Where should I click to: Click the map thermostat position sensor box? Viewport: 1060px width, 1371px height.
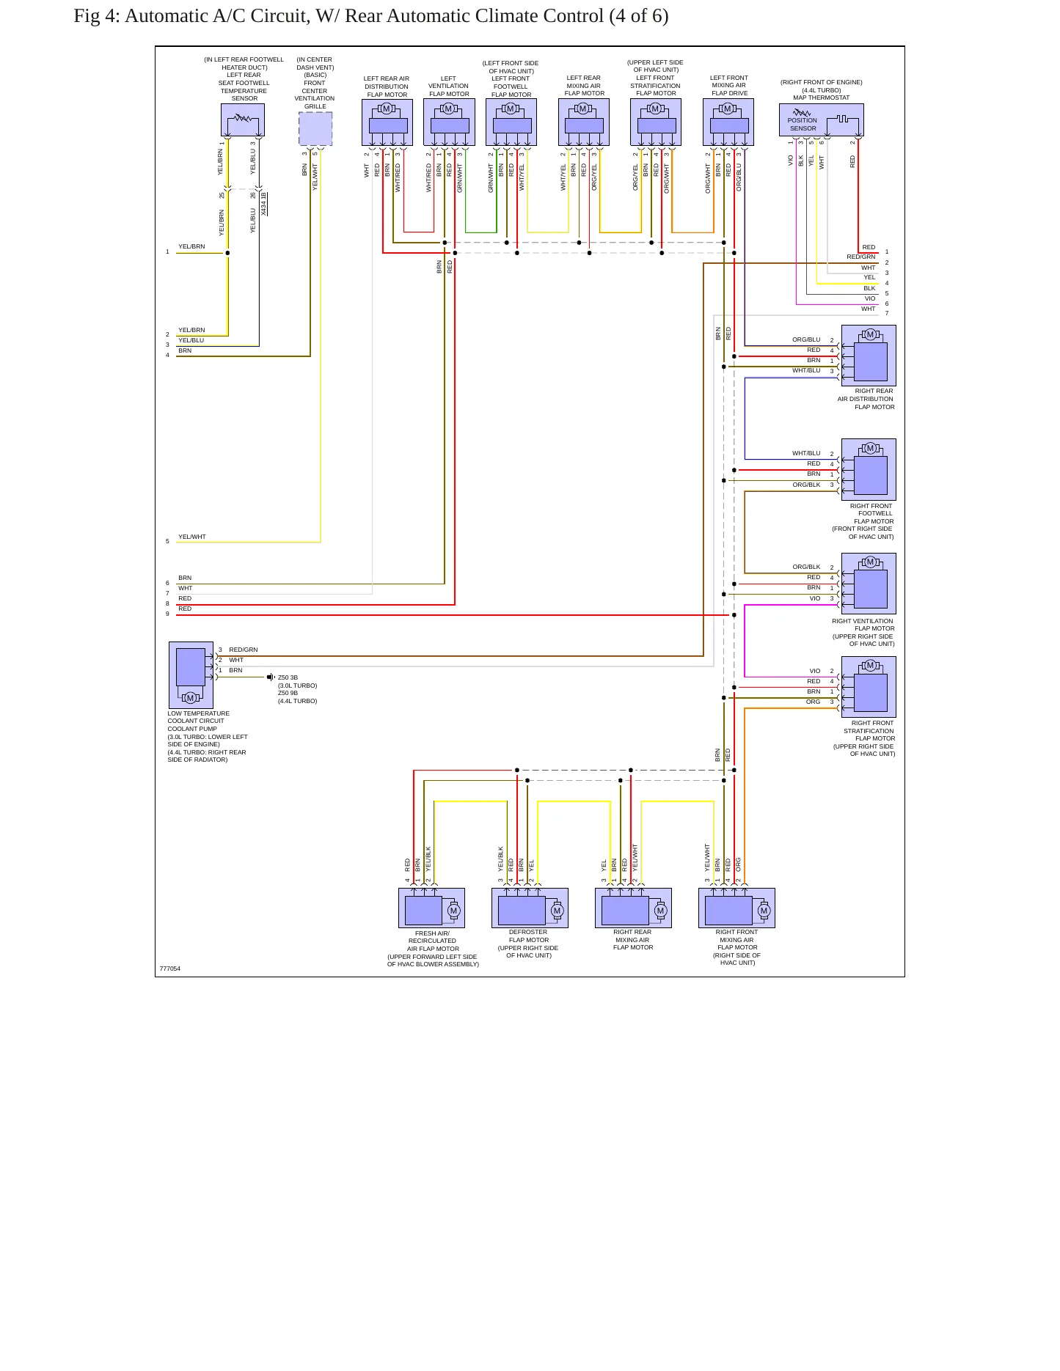(x=821, y=120)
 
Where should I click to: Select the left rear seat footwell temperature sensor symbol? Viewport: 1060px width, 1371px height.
(x=243, y=120)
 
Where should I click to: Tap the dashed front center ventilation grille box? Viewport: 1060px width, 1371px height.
(x=315, y=129)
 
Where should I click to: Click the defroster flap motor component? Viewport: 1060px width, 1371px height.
(x=530, y=908)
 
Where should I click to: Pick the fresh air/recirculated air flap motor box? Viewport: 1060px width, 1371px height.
(x=431, y=908)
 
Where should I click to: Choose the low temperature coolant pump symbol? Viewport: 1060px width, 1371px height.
(x=191, y=675)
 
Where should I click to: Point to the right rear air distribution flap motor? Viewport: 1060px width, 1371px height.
(x=869, y=356)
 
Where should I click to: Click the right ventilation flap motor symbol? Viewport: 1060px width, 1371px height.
(x=869, y=584)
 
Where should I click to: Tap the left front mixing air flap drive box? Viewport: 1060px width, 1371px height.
(x=728, y=122)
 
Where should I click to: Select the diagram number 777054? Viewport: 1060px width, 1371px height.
(x=170, y=968)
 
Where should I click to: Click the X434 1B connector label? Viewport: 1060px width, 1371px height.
(x=264, y=204)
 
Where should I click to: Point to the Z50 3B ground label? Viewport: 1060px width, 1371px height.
(x=288, y=678)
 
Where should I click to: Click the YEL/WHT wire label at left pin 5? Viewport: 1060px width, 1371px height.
(x=192, y=537)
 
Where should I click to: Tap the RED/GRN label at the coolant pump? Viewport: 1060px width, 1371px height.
(x=244, y=650)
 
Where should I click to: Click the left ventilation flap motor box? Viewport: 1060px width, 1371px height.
(x=449, y=122)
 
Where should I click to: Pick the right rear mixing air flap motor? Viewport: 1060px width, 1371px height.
(x=633, y=908)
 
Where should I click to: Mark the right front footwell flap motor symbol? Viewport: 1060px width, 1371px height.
(x=869, y=470)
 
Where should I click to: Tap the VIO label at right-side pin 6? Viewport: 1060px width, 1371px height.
(x=870, y=298)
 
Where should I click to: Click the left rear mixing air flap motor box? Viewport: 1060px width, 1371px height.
(x=584, y=122)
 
